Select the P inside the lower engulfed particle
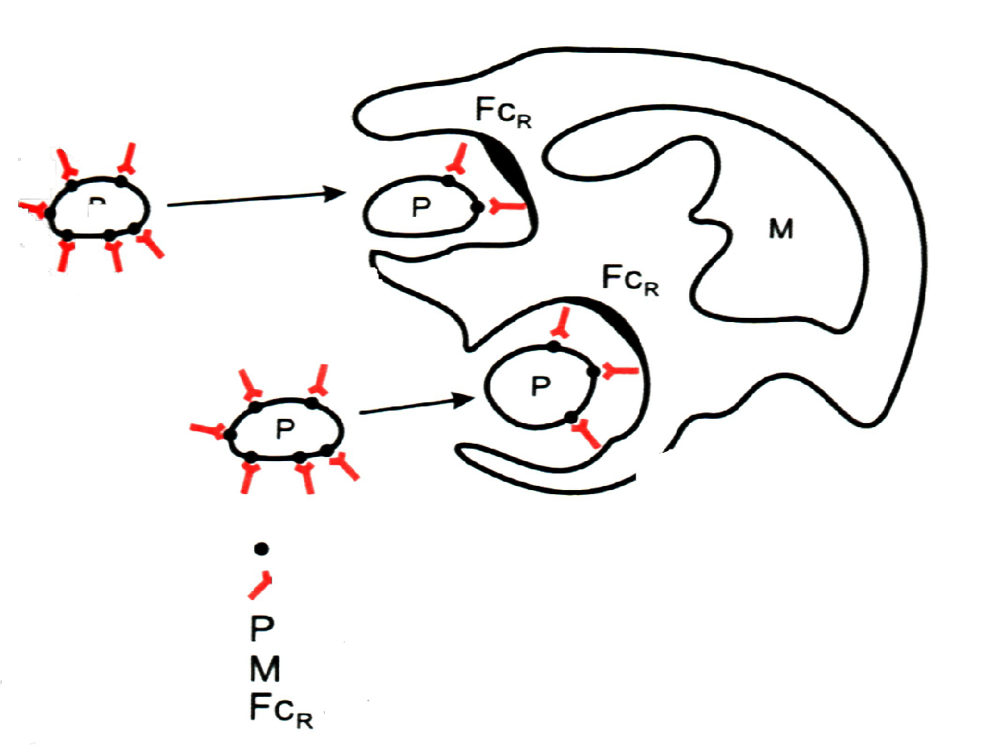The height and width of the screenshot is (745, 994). [x=540, y=385]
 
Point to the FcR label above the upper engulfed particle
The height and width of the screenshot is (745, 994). [x=503, y=113]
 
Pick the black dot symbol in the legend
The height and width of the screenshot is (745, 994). [x=261, y=548]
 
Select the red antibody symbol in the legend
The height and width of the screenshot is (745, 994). [x=261, y=584]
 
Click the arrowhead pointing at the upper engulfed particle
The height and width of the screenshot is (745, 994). [x=335, y=195]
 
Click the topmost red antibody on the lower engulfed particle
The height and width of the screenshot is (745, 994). [x=562, y=323]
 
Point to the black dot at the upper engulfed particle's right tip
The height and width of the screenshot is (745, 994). [x=477, y=208]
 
